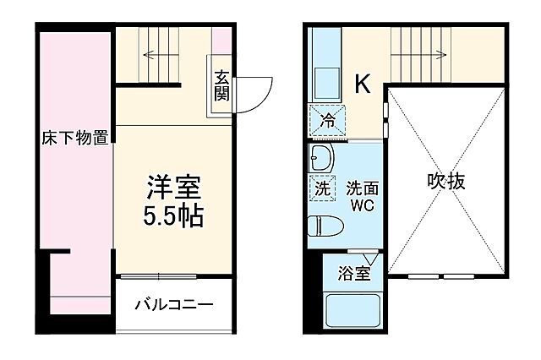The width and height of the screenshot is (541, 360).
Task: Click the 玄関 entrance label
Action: [221, 85]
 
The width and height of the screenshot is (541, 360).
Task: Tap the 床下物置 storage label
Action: [76, 139]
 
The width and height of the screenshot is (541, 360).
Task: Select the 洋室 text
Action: [174, 185]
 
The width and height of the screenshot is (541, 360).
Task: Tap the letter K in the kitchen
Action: [362, 84]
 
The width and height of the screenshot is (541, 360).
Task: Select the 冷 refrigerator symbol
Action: [327, 121]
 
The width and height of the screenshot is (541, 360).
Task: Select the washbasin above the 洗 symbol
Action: [321, 158]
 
